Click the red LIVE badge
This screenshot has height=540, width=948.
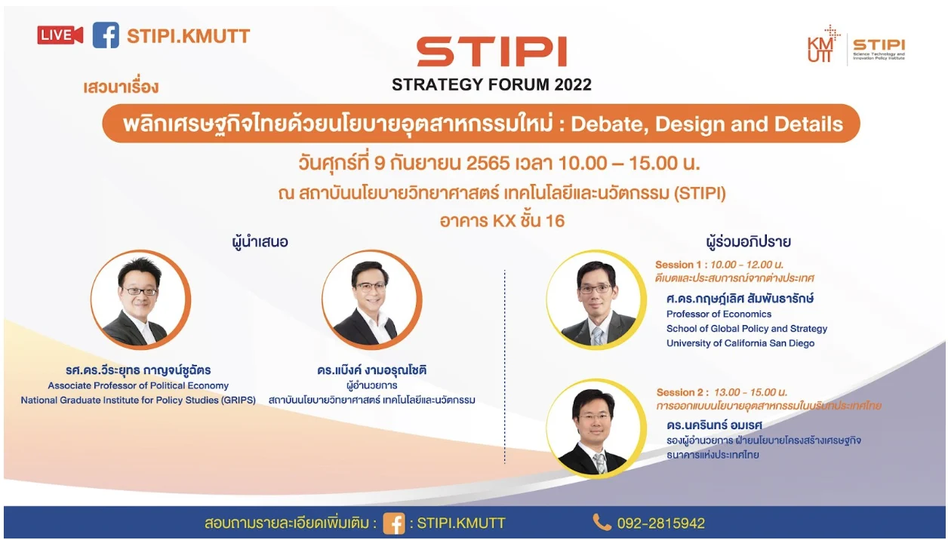point(60,35)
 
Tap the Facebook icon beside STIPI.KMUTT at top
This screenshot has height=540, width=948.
point(106,35)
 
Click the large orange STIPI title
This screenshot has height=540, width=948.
point(492,51)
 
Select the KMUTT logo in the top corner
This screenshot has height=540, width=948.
point(823,44)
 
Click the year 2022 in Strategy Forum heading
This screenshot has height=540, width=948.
point(573,84)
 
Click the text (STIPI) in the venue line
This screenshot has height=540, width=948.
point(700,193)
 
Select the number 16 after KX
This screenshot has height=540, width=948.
point(555,221)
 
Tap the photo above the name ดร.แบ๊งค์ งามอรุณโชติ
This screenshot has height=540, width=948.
point(371,299)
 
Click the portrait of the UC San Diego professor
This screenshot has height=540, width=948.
point(596,299)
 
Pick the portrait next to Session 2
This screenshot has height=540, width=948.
point(596,428)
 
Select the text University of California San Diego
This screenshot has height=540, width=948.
point(740,343)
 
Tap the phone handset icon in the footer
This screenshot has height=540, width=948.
point(602,522)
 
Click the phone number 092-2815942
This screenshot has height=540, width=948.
point(661,523)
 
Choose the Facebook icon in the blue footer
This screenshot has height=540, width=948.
point(393,523)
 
